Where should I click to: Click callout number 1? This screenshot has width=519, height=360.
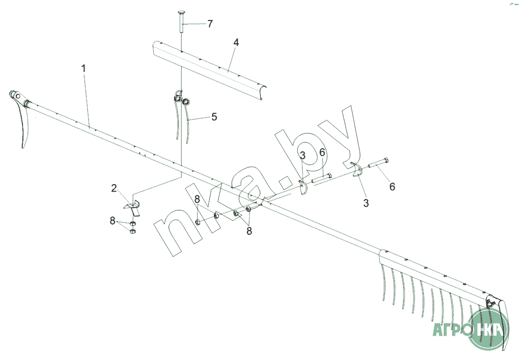[x=84, y=69]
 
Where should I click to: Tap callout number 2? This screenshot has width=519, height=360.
[x=114, y=188]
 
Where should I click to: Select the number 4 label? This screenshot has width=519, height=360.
[x=235, y=43]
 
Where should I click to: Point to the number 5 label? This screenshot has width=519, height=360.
[x=214, y=117]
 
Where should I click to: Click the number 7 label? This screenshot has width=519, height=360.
[x=210, y=24]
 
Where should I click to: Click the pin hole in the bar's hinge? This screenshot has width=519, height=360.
[x=18, y=96]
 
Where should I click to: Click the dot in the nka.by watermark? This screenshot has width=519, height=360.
[x=284, y=181]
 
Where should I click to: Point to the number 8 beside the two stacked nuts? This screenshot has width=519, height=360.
[x=113, y=221]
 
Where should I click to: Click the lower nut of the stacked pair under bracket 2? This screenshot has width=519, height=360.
[x=133, y=231]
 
